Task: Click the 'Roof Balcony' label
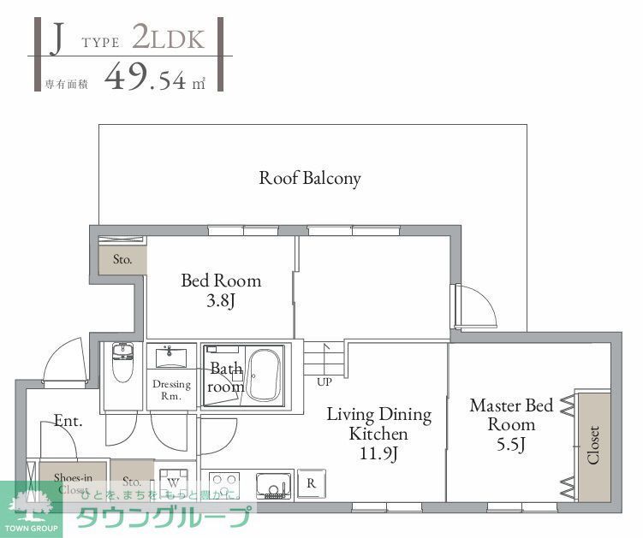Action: (x=310, y=178)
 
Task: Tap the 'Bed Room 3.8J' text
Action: (x=220, y=290)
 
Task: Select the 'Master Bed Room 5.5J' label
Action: (x=511, y=423)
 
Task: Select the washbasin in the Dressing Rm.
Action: (x=172, y=356)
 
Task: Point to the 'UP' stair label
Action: (x=324, y=381)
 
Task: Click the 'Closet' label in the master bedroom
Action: (x=592, y=445)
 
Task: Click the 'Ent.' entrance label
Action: (x=68, y=420)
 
